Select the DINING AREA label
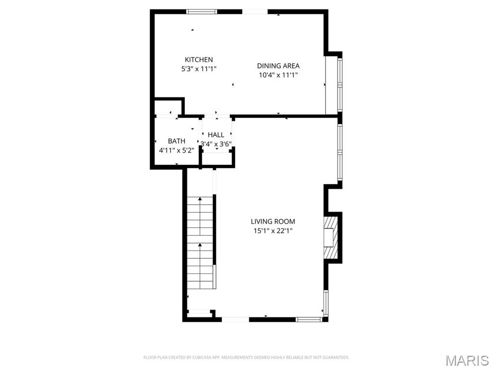click(278, 66)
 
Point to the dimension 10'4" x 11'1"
click(278, 75)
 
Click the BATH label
click(176, 141)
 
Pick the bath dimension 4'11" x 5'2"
click(176, 150)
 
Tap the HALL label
click(216, 135)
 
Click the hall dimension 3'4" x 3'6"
click(216, 144)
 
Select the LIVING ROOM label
click(273, 222)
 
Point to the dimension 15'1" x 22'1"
click(273, 231)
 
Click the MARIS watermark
click(467, 360)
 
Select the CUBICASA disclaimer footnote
click(246, 357)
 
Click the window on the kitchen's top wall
click(201, 12)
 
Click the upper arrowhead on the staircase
click(200, 198)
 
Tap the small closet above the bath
click(167, 107)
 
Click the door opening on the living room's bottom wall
click(235, 319)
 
